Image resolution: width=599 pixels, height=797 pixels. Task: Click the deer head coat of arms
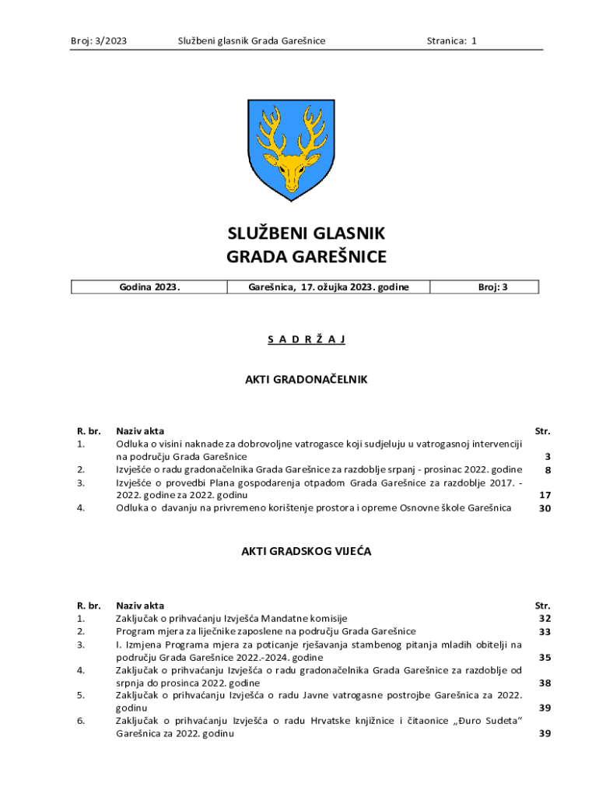[x=291, y=149]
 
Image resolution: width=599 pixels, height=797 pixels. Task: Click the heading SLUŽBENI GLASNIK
[x=306, y=233]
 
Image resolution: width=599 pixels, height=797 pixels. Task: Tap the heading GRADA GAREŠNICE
[x=306, y=257]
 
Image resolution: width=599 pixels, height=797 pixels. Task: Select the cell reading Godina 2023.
[x=149, y=287]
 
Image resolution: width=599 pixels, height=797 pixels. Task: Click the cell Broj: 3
[x=492, y=287]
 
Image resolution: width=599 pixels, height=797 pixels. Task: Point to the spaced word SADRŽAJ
[x=306, y=339]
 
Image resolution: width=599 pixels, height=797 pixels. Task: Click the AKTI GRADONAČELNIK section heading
[x=306, y=380]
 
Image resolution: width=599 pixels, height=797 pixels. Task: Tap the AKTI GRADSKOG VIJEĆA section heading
[x=306, y=551]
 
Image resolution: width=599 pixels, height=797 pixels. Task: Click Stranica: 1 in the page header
[x=451, y=40]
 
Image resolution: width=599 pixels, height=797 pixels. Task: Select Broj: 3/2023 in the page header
[x=98, y=40]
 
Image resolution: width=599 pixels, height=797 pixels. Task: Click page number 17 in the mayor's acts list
[x=545, y=495]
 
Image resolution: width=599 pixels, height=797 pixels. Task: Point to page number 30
[x=545, y=508]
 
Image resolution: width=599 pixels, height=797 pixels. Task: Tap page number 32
[x=545, y=618]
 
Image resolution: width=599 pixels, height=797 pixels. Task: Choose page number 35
[x=545, y=657]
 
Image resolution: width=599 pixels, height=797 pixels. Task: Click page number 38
[x=545, y=683]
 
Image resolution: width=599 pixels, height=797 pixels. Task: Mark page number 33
[x=545, y=631]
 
